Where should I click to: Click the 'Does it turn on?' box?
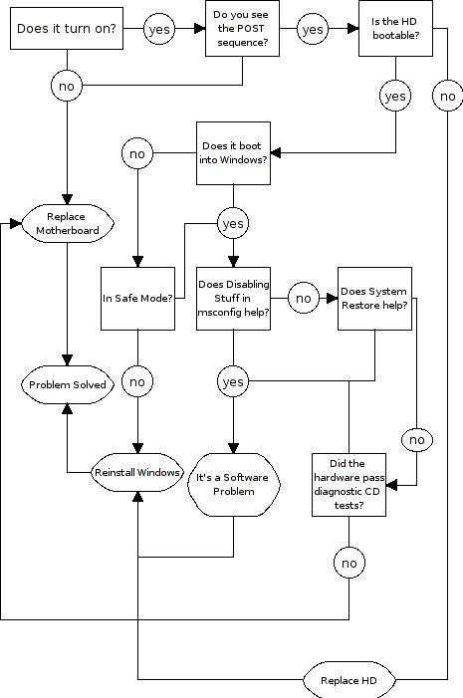click(67, 28)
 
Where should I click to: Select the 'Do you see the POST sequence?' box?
click(242, 28)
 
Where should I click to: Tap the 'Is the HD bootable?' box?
click(395, 28)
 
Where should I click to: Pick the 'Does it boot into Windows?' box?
click(233, 153)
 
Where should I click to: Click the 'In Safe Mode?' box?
click(137, 299)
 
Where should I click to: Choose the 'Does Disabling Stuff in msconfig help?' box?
click(233, 299)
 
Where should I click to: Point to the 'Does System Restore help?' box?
click(374, 299)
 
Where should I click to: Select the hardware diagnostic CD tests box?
click(348, 485)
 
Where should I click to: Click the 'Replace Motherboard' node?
click(68, 223)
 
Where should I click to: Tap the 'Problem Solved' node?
click(68, 384)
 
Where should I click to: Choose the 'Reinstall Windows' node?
click(137, 472)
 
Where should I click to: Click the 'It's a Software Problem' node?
click(234, 485)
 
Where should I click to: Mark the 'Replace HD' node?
click(349, 680)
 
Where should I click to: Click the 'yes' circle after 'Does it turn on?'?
click(159, 30)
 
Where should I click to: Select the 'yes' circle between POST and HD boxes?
click(313, 30)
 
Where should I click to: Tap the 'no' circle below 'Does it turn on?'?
click(67, 86)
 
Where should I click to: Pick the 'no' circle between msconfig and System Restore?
click(304, 299)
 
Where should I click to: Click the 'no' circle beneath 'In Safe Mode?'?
click(137, 381)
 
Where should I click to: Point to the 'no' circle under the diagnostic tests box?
click(349, 564)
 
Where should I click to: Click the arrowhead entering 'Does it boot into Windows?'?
click(276, 152)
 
